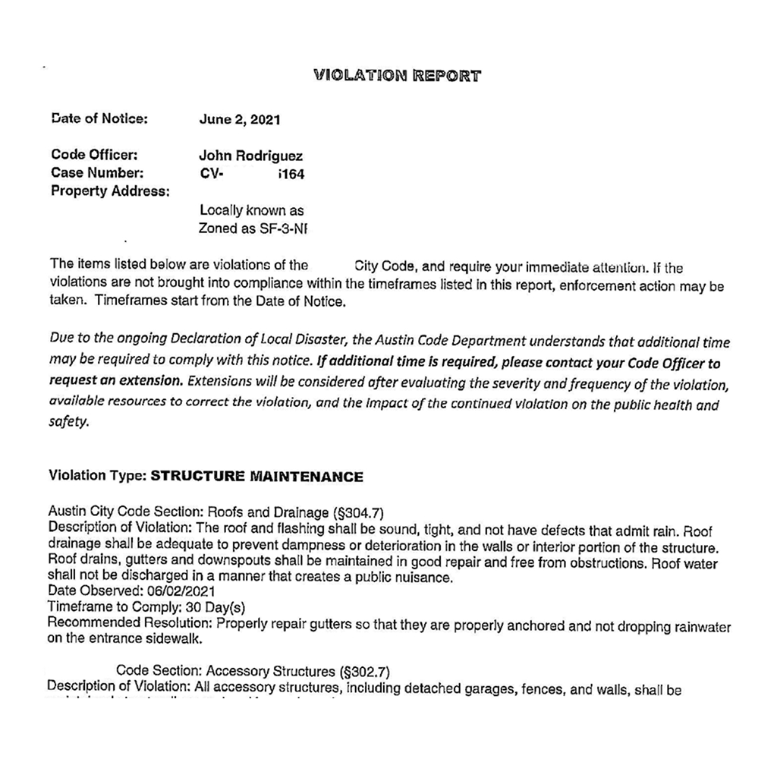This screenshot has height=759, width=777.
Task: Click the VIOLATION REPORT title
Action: click(396, 76)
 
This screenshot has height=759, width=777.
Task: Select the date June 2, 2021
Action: click(240, 119)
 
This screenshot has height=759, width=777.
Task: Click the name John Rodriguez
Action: click(250, 156)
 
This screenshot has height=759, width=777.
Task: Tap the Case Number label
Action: click(97, 173)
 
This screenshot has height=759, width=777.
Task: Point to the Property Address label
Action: click(110, 191)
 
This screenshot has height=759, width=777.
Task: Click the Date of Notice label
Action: click(99, 118)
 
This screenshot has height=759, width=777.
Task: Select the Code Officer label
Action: click(94, 156)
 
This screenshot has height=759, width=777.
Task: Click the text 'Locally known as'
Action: click(251, 210)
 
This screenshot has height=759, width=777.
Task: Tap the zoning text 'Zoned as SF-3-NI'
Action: click(256, 228)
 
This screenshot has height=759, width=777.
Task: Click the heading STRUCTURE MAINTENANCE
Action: click(257, 477)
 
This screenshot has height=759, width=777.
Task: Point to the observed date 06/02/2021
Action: click(177, 591)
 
